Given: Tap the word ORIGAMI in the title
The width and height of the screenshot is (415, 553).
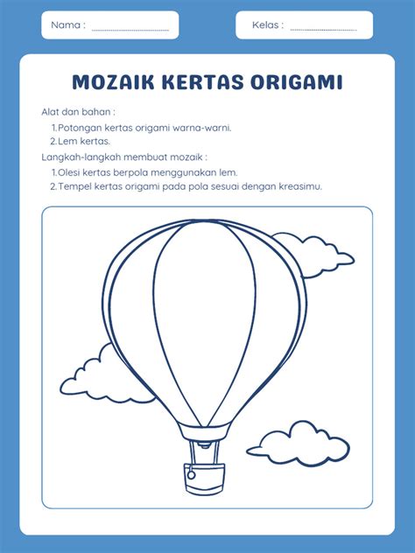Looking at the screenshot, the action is [x=297, y=82].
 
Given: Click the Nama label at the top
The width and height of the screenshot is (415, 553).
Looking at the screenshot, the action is [x=67, y=25].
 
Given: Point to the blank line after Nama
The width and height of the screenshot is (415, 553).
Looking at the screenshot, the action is [x=130, y=28].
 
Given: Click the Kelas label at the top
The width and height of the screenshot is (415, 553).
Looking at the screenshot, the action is [x=267, y=25].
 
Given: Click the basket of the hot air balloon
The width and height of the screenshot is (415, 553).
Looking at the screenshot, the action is [x=201, y=479].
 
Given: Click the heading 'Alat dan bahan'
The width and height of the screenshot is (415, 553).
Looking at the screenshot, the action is [x=78, y=112].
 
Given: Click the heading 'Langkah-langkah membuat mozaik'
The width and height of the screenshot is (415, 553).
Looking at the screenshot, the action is [x=123, y=157].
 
